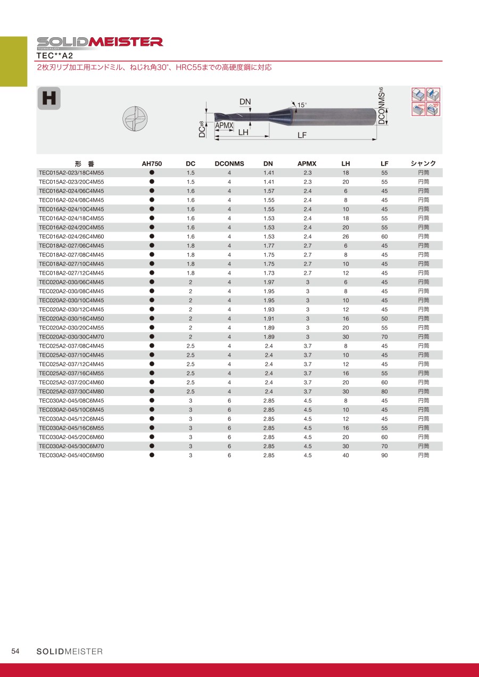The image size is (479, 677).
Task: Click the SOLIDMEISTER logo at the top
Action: point(100,42)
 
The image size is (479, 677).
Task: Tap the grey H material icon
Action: point(49,98)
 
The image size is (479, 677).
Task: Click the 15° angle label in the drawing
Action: point(302,105)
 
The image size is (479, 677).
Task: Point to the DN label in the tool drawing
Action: point(245,102)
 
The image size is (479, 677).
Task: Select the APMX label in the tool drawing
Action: point(225,125)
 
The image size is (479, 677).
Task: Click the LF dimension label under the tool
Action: point(302,135)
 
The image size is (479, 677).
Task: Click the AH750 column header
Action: point(152,164)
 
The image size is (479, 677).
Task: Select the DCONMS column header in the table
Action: point(229,164)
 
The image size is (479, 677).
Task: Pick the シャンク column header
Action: point(423,164)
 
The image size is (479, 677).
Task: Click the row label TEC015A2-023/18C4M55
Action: point(71,173)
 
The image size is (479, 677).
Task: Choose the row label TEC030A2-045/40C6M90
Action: point(71,456)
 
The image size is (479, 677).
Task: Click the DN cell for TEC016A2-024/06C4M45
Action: point(268,191)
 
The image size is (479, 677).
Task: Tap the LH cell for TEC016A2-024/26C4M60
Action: point(345,236)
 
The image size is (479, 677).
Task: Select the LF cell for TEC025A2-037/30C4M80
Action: point(384,392)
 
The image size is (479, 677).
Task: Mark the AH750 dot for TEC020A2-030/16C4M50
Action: point(152,318)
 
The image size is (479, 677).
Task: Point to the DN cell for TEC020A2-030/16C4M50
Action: point(268,319)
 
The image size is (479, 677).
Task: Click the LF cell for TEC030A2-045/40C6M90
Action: point(384,456)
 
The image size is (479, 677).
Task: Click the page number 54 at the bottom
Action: point(15,651)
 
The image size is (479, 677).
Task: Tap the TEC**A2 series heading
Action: point(55,55)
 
